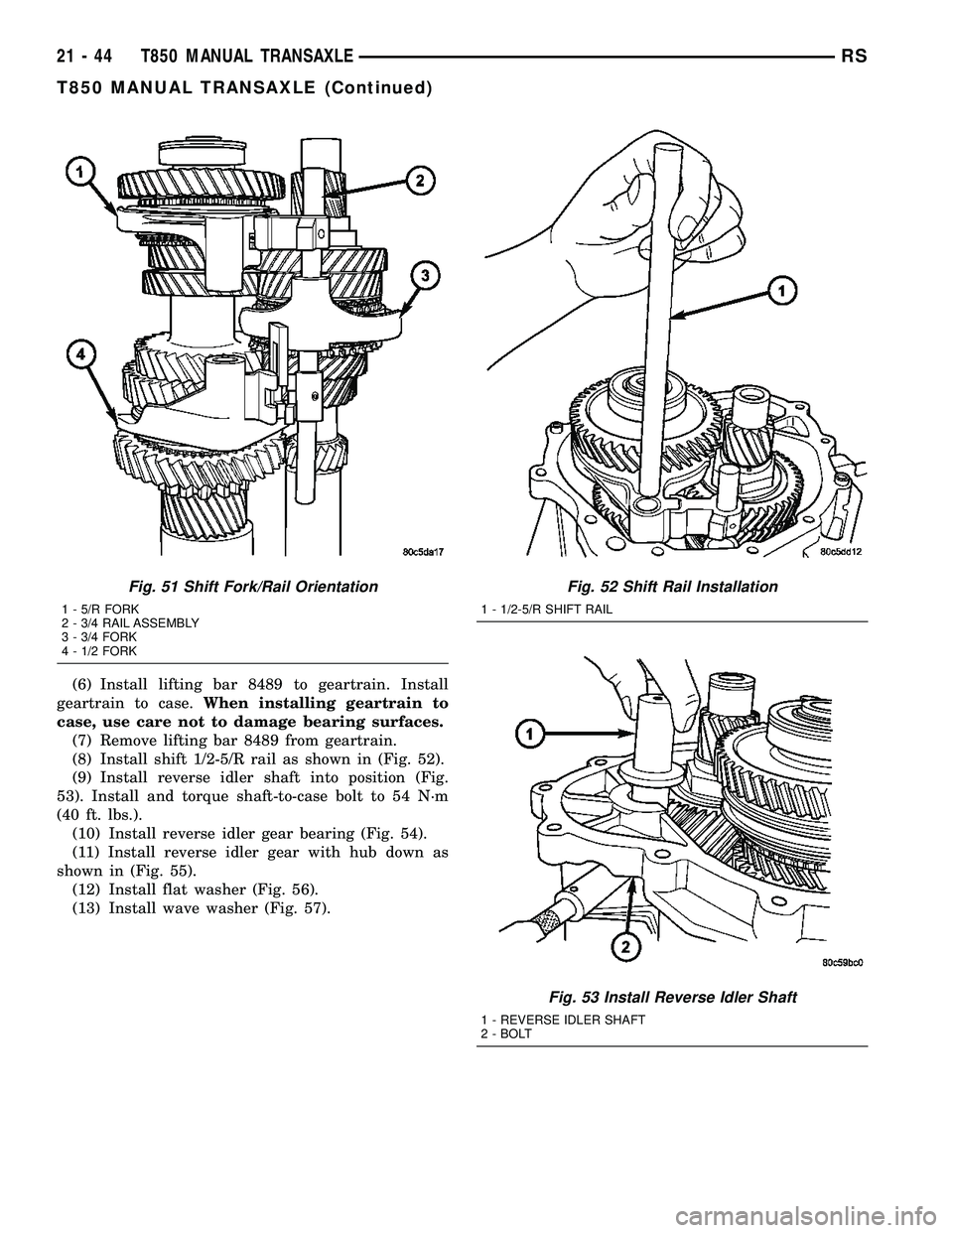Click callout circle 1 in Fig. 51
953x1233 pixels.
(74, 173)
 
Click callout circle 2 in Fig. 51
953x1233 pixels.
(421, 180)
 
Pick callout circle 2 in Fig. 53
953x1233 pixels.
(624, 947)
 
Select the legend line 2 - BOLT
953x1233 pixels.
(505, 1033)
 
